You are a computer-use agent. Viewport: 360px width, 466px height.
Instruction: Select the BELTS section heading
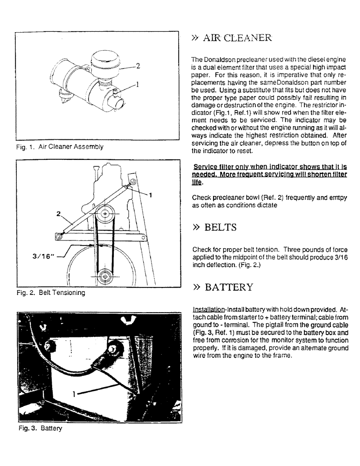pyautogui.click(x=214, y=227)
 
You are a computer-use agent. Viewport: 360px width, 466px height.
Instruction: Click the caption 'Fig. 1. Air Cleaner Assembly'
pyautogui.click(x=60, y=146)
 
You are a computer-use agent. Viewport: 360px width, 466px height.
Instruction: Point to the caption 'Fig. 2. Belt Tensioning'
pyautogui.click(x=50, y=293)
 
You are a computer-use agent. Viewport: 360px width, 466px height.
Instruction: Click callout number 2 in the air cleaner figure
pyautogui.click(x=138, y=66)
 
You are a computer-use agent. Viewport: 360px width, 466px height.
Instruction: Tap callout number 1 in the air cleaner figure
pyautogui.click(x=138, y=85)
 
